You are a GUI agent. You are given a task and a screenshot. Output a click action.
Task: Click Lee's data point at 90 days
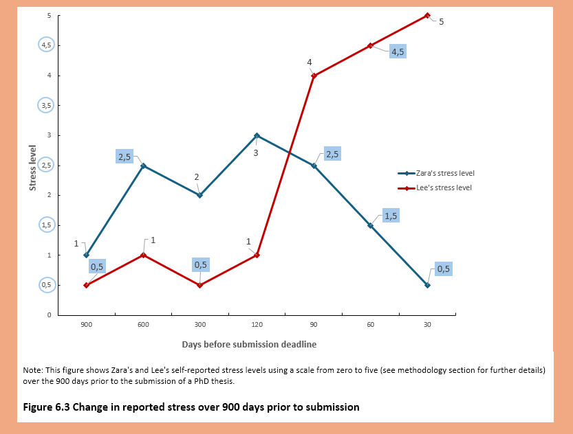tap(314, 76)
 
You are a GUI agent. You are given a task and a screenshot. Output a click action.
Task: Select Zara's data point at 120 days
tap(257, 135)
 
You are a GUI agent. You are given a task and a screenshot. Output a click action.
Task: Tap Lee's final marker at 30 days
tap(427, 15)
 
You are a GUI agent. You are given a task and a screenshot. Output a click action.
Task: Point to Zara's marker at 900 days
tap(86, 255)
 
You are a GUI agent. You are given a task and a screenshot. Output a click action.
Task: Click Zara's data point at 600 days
tap(143, 165)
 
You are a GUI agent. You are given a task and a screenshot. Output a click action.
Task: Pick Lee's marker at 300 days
tap(200, 285)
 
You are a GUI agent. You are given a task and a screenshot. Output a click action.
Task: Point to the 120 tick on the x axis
tap(257, 324)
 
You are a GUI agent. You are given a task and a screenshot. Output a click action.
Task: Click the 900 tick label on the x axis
tap(86, 324)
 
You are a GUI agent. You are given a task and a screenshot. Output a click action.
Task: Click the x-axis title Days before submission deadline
tap(249, 343)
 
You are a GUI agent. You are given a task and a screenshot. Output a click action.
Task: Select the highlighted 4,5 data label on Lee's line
tap(398, 52)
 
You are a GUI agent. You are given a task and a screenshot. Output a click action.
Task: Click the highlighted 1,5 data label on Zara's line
tap(391, 216)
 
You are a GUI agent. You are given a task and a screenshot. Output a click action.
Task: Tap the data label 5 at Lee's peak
tap(442, 22)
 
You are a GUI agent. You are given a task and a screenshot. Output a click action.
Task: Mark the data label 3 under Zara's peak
tap(255, 152)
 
